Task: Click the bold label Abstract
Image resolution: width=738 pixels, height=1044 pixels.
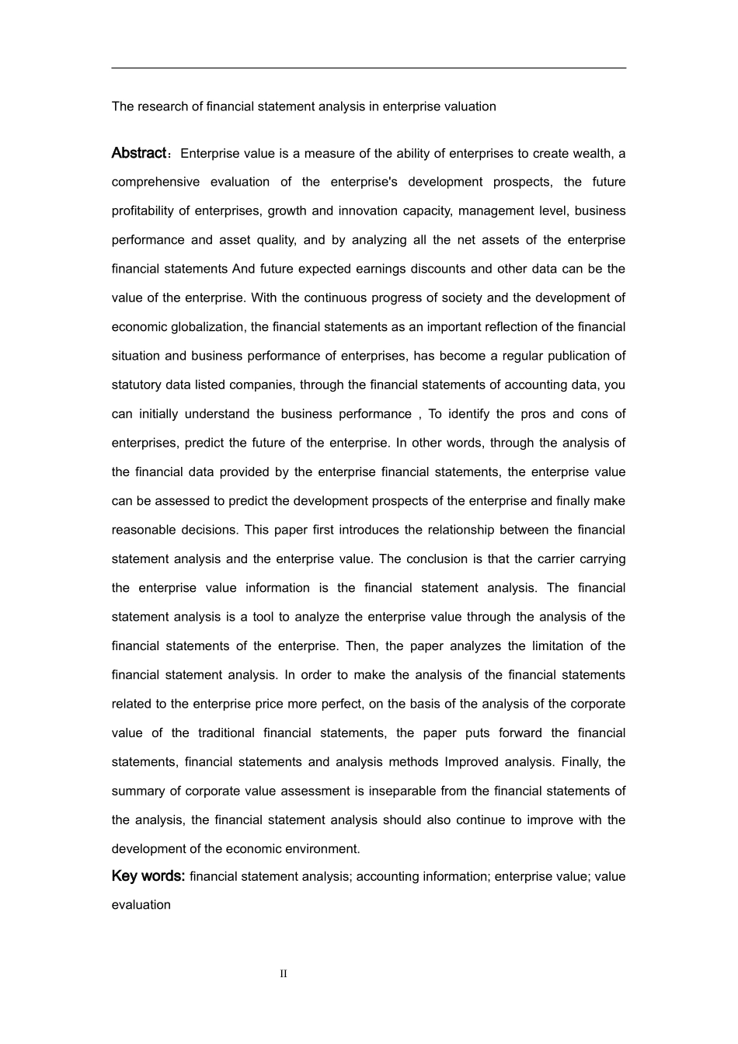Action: coord(138,153)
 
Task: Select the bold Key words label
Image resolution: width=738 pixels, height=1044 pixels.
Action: coord(148,876)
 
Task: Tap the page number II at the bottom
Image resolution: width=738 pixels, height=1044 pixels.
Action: coord(284,974)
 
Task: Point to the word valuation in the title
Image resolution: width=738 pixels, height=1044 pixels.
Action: coord(468,106)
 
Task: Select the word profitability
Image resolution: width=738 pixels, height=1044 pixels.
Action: coord(143,211)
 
